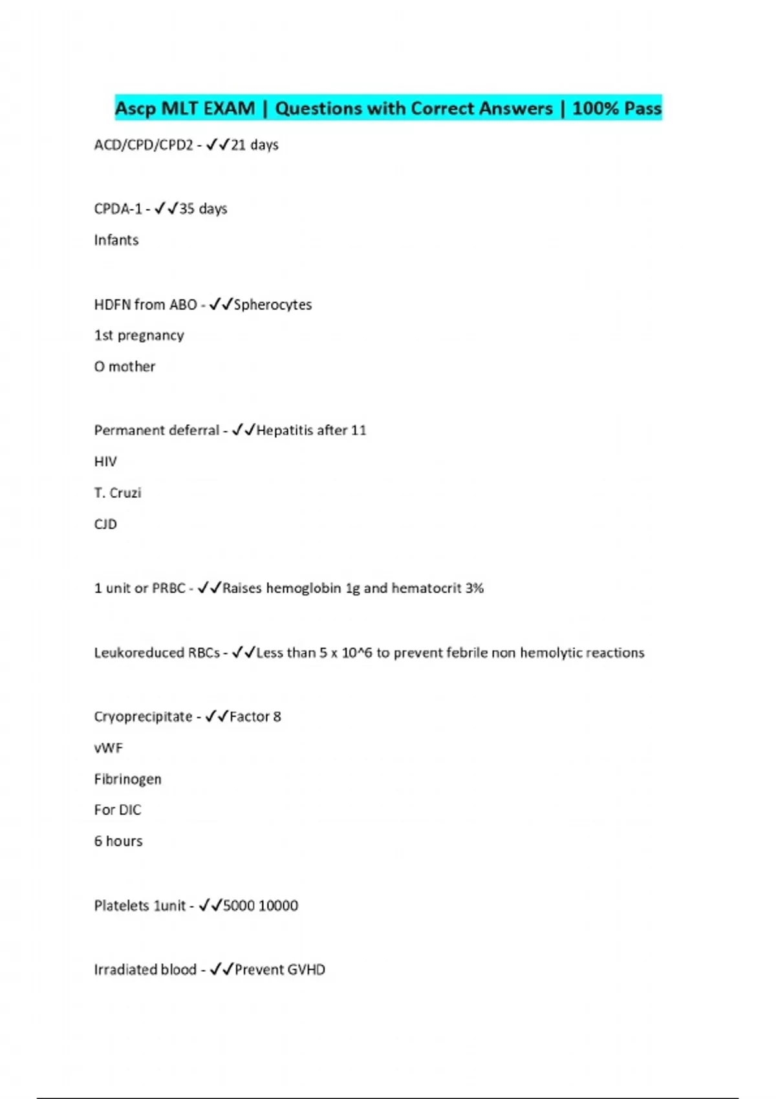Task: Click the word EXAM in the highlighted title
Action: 229,108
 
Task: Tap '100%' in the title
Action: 596,108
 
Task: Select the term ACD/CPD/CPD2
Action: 144,145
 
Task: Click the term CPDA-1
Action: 118,209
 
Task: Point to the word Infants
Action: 116,240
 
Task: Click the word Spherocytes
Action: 272,304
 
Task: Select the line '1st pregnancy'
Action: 139,336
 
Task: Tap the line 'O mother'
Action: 125,367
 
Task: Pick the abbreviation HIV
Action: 105,462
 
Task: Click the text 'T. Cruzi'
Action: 118,493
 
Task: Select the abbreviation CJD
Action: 105,524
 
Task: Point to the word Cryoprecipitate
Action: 143,717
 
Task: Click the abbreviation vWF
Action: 108,748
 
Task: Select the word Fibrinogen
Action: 127,779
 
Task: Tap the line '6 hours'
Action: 118,841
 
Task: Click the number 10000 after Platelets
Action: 278,906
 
